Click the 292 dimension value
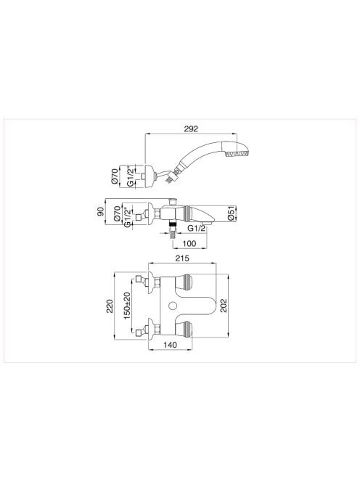point(191,128)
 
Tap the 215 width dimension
point(182,258)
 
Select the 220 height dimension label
point(110,306)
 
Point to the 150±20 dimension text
point(127,306)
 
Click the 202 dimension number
point(224,306)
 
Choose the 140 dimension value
point(170,345)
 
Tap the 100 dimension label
point(189,243)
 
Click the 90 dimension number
point(101,212)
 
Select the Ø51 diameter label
point(232,213)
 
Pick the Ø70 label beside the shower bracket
point(115,176)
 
